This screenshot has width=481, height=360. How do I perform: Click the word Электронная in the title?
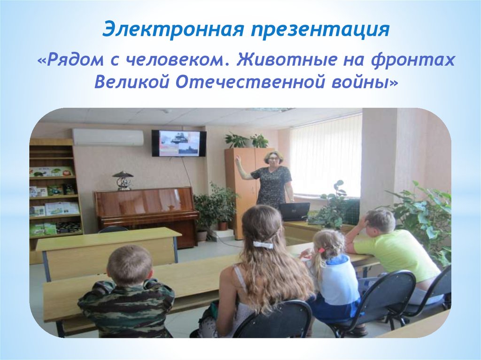173,30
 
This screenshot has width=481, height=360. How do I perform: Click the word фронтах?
412,60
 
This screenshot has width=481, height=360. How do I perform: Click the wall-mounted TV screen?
179,143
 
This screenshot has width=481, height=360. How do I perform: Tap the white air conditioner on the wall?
108,137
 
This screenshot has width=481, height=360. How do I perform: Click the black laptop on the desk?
294,212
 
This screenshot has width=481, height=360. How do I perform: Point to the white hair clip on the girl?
263,245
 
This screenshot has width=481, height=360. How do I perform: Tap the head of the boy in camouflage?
130,265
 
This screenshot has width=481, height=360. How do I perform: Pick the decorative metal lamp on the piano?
123,180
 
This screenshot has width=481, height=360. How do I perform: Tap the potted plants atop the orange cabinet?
247,140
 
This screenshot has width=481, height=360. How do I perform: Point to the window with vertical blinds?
326,156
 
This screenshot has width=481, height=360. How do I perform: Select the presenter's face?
271,160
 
